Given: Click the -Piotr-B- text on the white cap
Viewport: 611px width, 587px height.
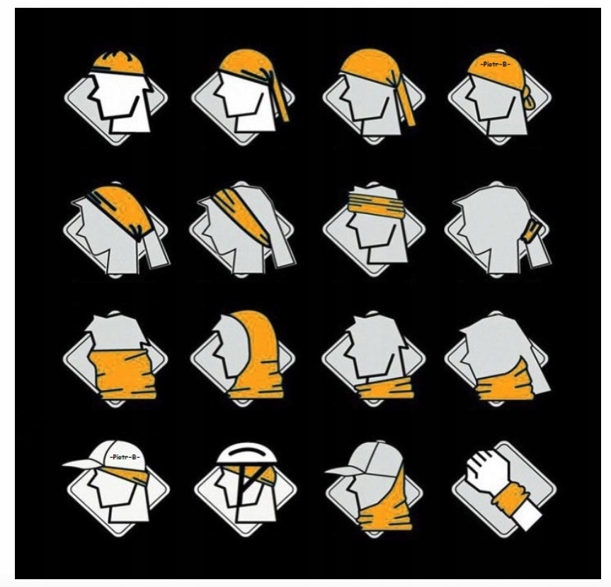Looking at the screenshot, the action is pyautogui.click(x=125, y=457).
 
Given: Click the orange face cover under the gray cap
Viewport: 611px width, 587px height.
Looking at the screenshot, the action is pyautogui.click(x=382, y=507).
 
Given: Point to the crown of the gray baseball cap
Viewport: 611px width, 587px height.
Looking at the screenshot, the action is pyautogui.click(x=379, y=454).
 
